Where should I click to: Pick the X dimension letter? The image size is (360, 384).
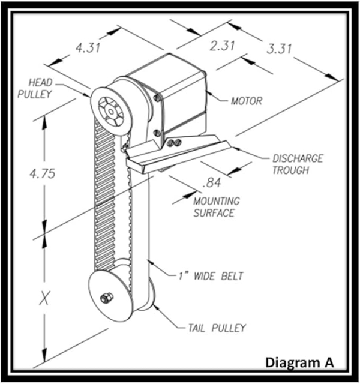[x=44, y=298]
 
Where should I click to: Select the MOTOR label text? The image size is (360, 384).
[x=247, y=101]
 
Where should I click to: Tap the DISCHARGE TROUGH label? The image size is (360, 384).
[x=298, y=164]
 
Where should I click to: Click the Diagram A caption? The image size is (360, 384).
[x=298, y=362]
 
